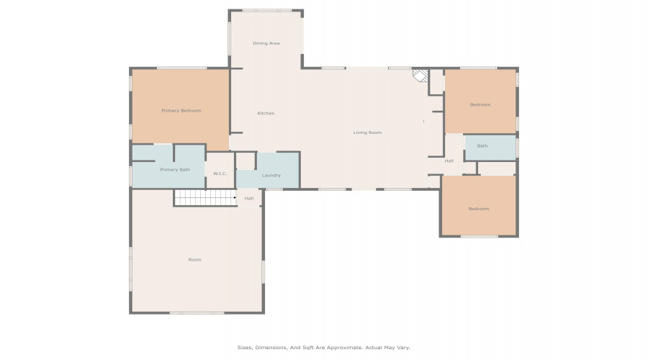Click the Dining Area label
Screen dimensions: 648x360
pyautogui.click(x=266, y=43)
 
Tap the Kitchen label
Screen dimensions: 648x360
pyautogui.click(x=266, y=113)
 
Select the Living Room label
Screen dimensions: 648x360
pyautogui.click(x=367, y=132)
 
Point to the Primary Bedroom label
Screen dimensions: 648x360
pyautogui.click(x=181, y=111)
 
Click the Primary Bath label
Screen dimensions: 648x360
pyautogui.click(x=175, y=170)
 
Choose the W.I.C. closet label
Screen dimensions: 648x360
pyautogui.click(x=220, y=174)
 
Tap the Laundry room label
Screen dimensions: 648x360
pyautogui.click(x=271, y=176)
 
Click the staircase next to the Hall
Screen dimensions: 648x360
pyautogui.click(x=205, y=197)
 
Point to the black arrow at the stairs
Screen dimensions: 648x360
pyautogui.click(x=235, y=197)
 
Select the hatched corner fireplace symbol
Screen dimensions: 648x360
pyautogui.click(x=420, y=76)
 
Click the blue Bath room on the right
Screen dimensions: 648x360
pyautogui.click(x=490, y=148)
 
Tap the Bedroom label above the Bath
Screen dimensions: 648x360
pyautogui.click(x=480, y=105)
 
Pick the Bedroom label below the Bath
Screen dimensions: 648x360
pyautogui.click(x=479, y=209)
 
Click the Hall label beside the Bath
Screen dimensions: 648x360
pyautogui.click(x=449, y=161)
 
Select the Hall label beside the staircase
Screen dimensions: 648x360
pyautogui.click(x=249, y=199)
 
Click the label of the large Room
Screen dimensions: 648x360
pyautogui.click(x=194, y=260)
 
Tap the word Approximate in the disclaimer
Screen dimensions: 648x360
pyautogui.click(x=344, y=348)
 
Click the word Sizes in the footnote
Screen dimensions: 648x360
pyautogui.click(x=244, y=348)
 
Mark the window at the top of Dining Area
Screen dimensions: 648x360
pyautogui.click(x=267, y=10)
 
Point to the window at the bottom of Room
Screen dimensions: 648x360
pyautogui.click(x=197, y=313)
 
